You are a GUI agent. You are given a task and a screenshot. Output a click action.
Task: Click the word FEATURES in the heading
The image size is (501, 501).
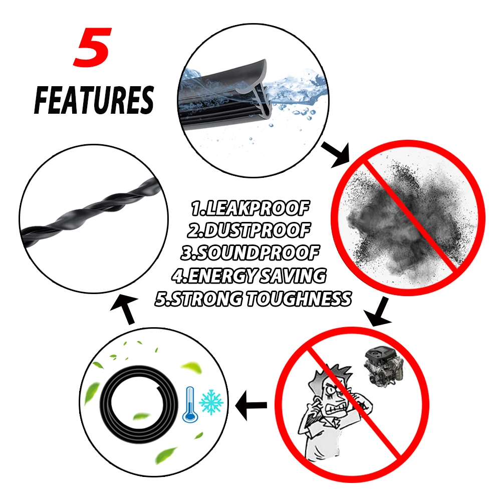tap(94, 100)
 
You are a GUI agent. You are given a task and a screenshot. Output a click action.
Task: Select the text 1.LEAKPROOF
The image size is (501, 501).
tap(250, 208)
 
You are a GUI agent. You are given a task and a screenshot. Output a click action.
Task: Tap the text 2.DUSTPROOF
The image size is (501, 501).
tap(248, 230)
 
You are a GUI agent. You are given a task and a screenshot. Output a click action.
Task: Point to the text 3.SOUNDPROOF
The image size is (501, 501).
tap(250, 253)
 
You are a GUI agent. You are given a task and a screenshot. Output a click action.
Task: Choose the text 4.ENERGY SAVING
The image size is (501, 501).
tap(249, 276)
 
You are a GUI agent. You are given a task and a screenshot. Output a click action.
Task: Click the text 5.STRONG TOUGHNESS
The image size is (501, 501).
tap(253, 299)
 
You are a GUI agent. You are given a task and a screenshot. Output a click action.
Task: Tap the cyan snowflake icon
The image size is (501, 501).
tap(211, 402)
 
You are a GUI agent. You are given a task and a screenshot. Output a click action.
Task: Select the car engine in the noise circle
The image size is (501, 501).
tap(383, 366)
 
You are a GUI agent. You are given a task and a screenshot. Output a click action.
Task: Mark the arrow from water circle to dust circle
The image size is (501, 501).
tap(336, 154)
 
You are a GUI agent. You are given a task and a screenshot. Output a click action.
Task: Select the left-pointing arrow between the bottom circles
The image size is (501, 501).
tap(251, 405)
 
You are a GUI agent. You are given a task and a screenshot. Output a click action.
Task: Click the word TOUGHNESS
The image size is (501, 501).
tap(299, 299)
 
